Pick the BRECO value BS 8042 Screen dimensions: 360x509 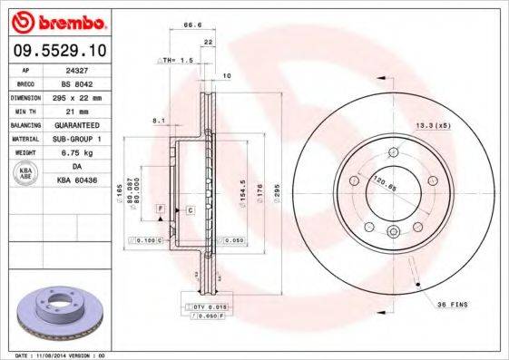(75, 82)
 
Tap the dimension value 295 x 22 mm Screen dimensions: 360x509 (75, 96)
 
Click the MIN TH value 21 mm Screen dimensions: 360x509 (75, 110)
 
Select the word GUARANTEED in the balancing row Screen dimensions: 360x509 (75, 124)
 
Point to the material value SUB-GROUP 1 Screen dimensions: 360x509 (75, 139)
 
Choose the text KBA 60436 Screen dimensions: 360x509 (75, 180)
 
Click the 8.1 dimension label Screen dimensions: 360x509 (159, 120)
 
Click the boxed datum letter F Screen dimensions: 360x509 (160, 209)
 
